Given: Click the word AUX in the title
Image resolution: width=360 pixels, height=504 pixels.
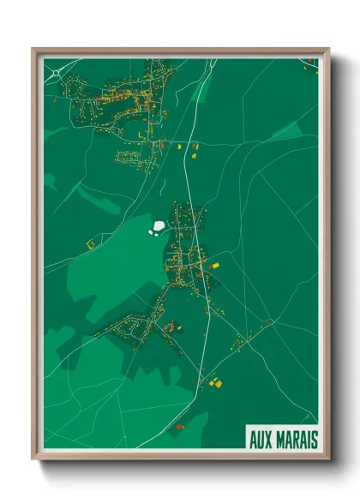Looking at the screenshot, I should coord(262,439).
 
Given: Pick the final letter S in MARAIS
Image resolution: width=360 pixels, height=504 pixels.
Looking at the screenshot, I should coord(315,439).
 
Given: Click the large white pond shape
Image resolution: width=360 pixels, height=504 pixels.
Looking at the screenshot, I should coord(159,227).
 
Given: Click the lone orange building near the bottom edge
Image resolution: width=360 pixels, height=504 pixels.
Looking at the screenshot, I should coord(180,426).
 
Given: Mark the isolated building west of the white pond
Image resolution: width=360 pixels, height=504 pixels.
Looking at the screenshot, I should coord(90,244).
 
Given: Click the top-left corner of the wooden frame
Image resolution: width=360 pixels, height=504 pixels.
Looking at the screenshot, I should coord(34,50).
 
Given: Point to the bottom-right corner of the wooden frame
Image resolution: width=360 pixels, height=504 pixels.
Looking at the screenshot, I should coord(328,459).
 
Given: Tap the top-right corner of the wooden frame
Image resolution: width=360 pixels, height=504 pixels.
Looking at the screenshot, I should coord(328,50).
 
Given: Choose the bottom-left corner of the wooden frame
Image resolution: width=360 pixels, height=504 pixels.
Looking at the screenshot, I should coord(34,459).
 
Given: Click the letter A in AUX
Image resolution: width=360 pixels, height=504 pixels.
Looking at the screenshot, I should coord(254,439).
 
